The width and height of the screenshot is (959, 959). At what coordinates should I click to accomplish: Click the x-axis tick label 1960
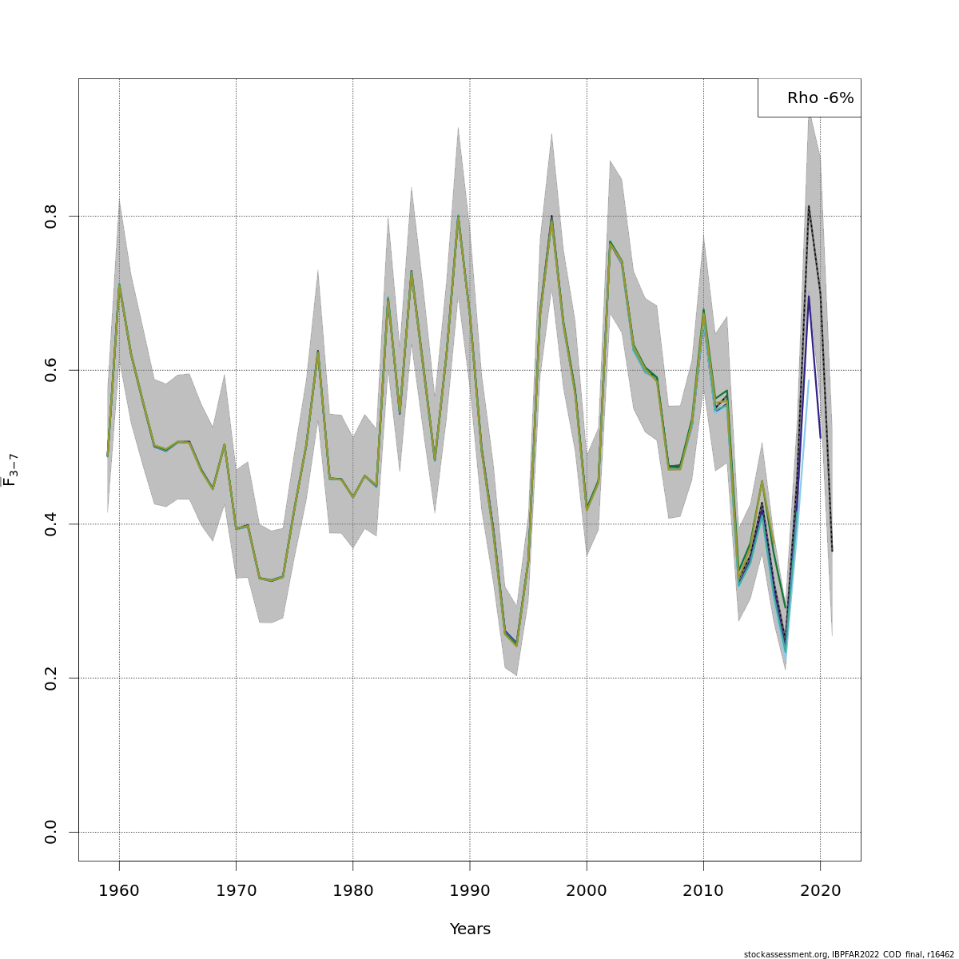coord(119,890)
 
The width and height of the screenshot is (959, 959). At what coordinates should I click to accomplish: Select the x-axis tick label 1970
coord(236,890)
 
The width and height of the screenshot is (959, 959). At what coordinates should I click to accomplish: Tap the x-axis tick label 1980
coord(352,890)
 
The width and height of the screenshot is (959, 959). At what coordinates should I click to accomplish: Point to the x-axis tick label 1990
coord(470,890)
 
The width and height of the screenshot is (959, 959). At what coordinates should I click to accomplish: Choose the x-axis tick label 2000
coord(587,890)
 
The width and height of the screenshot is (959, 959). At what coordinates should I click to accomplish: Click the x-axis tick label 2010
coord(703,890)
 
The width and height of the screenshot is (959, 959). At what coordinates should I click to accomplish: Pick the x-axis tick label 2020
coord(820,890)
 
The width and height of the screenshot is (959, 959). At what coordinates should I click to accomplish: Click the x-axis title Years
coord(470,929)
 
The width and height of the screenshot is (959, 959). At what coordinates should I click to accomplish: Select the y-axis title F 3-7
coord(10,470)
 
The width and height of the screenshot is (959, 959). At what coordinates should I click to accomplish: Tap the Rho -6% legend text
coord(820,98)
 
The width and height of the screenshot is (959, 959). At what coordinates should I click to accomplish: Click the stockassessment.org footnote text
coord(848,954)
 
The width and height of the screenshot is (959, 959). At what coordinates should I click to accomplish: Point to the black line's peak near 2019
coord(809,206)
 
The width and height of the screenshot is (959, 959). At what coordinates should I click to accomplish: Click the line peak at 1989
coord(458,216)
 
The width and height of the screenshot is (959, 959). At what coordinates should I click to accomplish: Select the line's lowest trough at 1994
coord(516,645)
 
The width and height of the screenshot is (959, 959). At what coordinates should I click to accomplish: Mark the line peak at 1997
coord(551,217)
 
